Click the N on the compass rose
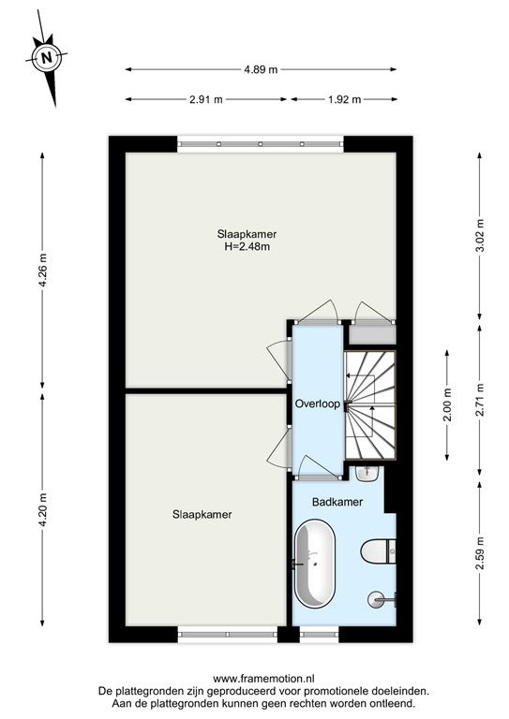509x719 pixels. pos(46,58)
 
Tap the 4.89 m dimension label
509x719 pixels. pos(261,69)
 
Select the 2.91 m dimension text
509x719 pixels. pos(206,99)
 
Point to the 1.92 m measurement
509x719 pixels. pos(345,99)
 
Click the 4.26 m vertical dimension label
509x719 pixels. pos(43,270)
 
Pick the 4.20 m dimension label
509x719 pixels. pos(43,510)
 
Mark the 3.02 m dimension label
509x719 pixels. pos(480,235)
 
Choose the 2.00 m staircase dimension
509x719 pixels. pos(447,404)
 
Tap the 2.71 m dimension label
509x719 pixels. pos(480,400)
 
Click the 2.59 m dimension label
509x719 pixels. pos(480,553)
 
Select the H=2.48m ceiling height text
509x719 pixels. pos(247,247)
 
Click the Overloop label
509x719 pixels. pos(318,404)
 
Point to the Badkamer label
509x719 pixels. pos(337,502)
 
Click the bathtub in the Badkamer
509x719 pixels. pos(315,564)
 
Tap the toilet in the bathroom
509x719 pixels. pos(378,551)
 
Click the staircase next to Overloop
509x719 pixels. pos(370,404)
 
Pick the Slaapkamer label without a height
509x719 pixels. pos(202,515)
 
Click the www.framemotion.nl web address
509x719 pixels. pos(263,679)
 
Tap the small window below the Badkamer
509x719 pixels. pos(319,635)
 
